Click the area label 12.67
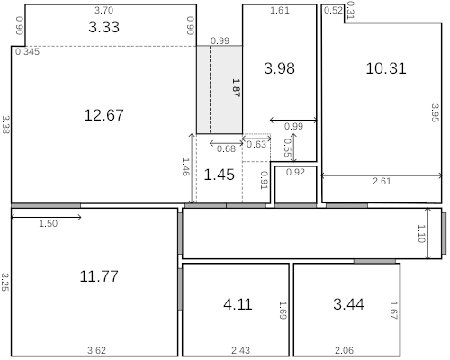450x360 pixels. [103, 115]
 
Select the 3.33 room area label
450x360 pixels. [104, 27]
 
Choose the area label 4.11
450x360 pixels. [238, 304]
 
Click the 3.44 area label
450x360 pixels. [348, 304]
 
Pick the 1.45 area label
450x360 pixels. [220, 175]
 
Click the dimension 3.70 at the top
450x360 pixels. [104, 9]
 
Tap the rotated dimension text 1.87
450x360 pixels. [236, 88]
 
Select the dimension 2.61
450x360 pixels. [382, 182]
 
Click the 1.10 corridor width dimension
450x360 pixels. [420, 233]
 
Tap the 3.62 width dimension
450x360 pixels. [96, 349]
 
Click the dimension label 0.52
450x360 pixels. [332, 11]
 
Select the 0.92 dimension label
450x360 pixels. [295, 172]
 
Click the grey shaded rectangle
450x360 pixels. [220, 90]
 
